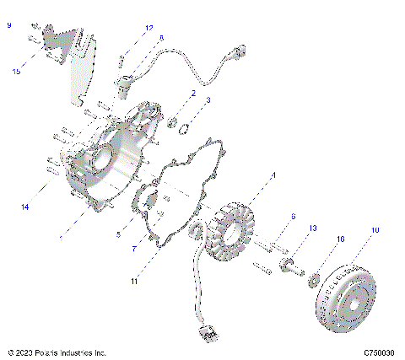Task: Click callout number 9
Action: [x=9, y=27]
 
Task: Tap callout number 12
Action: [x=148, y=28]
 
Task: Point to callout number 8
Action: [x=161, y=38]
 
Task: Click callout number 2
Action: [x=193, y=93]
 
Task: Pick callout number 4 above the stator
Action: [x=273, y=177]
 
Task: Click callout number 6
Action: [x=293, y=217]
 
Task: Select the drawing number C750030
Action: [x=381, y=352]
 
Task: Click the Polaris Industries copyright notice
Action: [x=56, y=352]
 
